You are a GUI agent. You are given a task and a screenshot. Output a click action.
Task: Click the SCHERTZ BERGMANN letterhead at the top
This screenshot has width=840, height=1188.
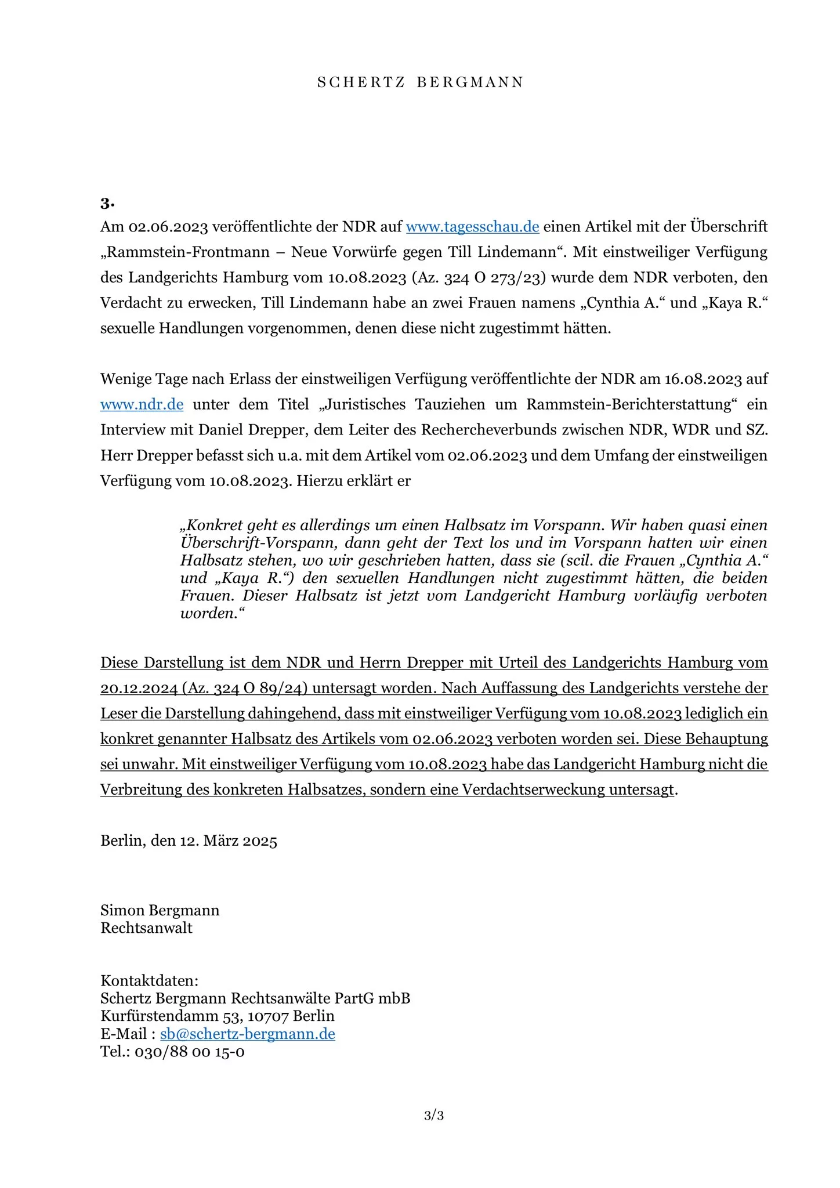(420, 82)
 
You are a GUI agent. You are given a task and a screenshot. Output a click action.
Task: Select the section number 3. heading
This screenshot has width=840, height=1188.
(107, 203)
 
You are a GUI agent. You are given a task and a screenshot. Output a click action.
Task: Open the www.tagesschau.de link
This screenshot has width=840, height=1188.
(472, 226)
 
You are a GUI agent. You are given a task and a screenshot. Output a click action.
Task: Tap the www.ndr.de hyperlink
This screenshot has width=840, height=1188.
(142, 404)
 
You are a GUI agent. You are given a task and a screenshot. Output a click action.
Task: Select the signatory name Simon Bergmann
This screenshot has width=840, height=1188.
(160, 910)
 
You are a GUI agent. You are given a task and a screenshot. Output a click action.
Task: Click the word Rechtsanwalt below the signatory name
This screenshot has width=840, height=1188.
(146, 928)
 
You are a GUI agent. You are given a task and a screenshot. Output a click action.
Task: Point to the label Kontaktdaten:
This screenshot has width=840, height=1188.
(149, 980)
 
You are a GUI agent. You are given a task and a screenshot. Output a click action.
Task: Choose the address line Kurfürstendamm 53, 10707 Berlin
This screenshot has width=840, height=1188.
(218, 1016)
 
